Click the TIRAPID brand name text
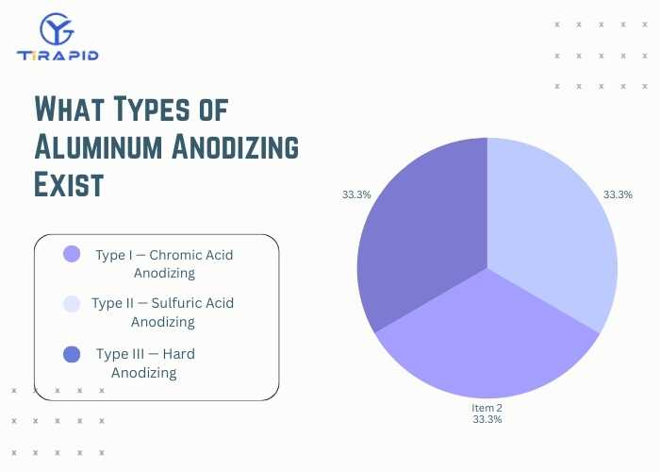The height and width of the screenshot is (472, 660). [x=58, y=55]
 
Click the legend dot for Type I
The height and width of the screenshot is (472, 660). [x=72, y=254]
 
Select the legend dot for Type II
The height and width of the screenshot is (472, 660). [x=71, y=303]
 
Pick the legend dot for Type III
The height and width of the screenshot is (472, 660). [x=72, y=354]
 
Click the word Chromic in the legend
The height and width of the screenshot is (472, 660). [x=178, y=255]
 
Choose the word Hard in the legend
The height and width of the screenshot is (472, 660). [x=178, y=354]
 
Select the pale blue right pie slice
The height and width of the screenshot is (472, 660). [x=552, y=236]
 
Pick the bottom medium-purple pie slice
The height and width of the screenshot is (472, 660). [x=487, y=340]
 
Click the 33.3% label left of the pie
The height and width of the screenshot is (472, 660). [x=356, y=194]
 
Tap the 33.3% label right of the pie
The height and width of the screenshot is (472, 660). [x=618, y=194]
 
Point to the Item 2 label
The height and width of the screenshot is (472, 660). [x=487, y=408]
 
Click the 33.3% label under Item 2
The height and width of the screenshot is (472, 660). [x=487, y=419]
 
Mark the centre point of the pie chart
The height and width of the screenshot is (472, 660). [x=487, y=268]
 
